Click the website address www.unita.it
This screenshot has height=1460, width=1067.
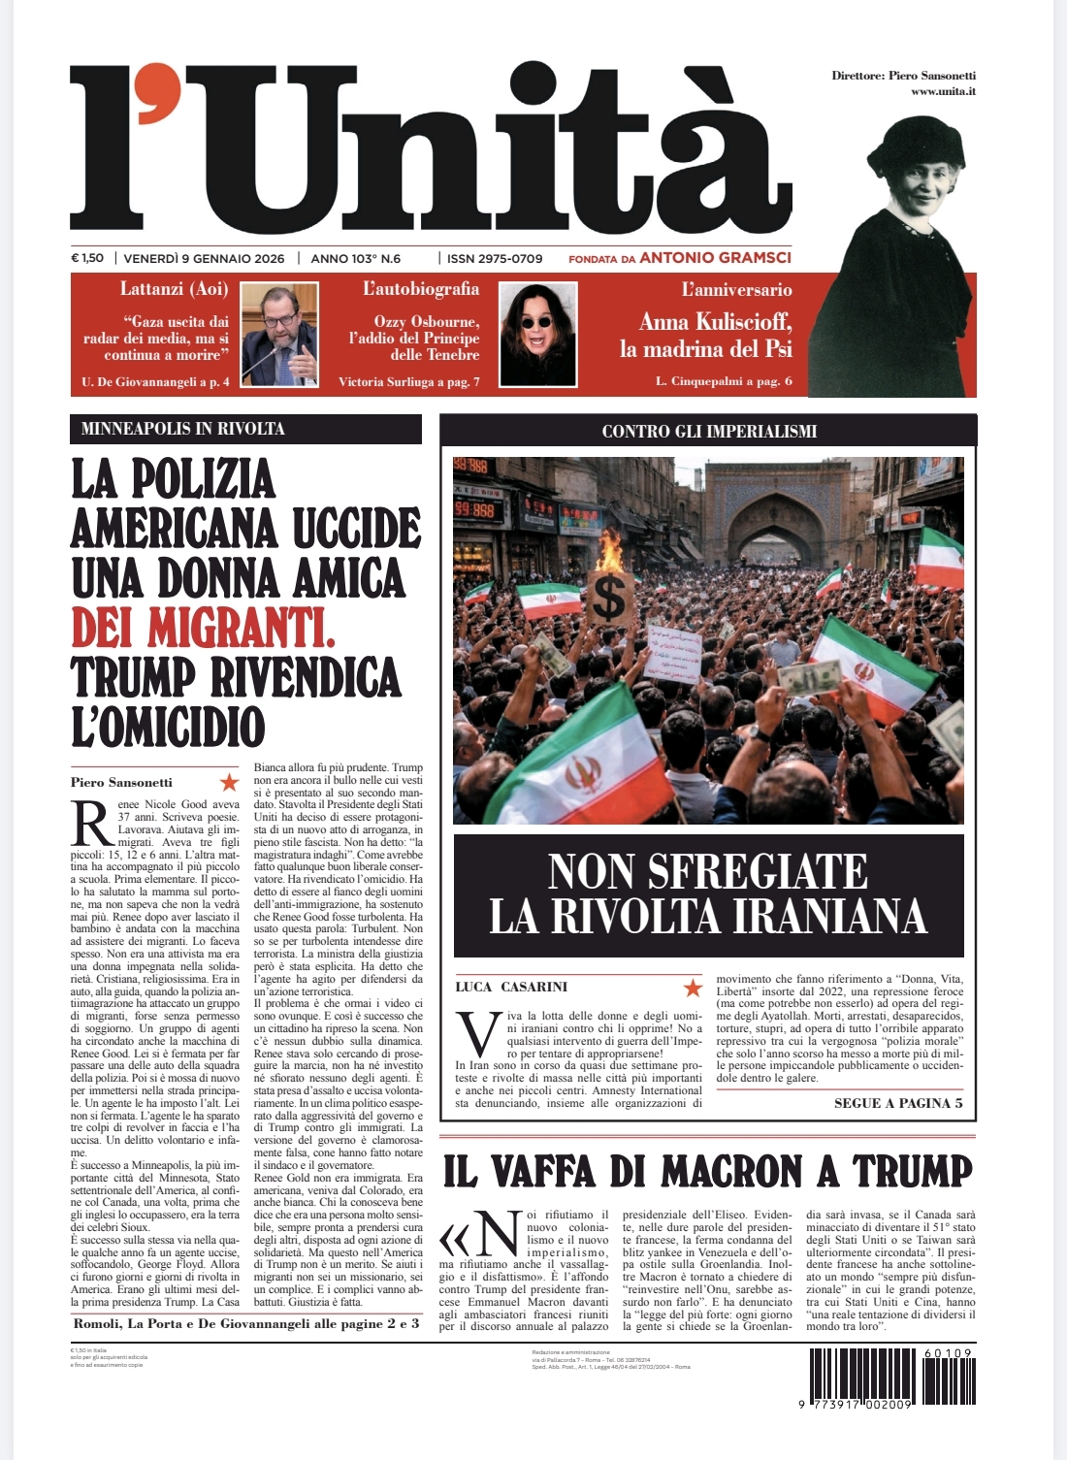tap(943, 91)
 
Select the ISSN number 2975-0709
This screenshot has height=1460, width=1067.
tap(494, 259)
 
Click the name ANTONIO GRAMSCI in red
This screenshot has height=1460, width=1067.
tap(715, 258)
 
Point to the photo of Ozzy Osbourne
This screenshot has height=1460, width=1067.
tap(538, 335)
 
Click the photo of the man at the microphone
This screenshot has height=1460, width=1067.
tap(279, 335)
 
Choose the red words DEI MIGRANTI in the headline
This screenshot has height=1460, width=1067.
tap(203, 628)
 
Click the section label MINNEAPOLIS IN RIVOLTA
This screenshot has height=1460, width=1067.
tap(183, 429)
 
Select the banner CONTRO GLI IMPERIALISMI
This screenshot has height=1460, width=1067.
tap(709, 431)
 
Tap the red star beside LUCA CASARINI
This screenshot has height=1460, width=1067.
tap(693, 988)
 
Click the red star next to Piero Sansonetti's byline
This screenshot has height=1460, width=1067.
tap(229, 782)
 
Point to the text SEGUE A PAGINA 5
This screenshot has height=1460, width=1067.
tap(898, 1103)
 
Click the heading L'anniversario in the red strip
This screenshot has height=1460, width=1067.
tap(736, 289)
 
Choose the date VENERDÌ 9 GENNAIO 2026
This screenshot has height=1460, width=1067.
tap(205, 258)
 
